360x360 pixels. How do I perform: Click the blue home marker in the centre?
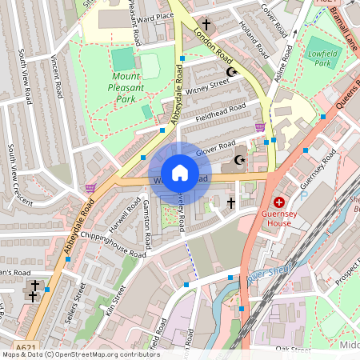(x=180, y=173)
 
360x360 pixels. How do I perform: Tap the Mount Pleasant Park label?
(x=124, y=87)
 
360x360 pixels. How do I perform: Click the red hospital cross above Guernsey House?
(x=279, y=202)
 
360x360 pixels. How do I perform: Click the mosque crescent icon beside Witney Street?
(x=232, y=73)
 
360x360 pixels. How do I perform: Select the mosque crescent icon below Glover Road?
(x=238, y=161)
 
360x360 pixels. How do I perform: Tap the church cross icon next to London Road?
(x=206, y=25)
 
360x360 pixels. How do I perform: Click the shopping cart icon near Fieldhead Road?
(x=259, y=126)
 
